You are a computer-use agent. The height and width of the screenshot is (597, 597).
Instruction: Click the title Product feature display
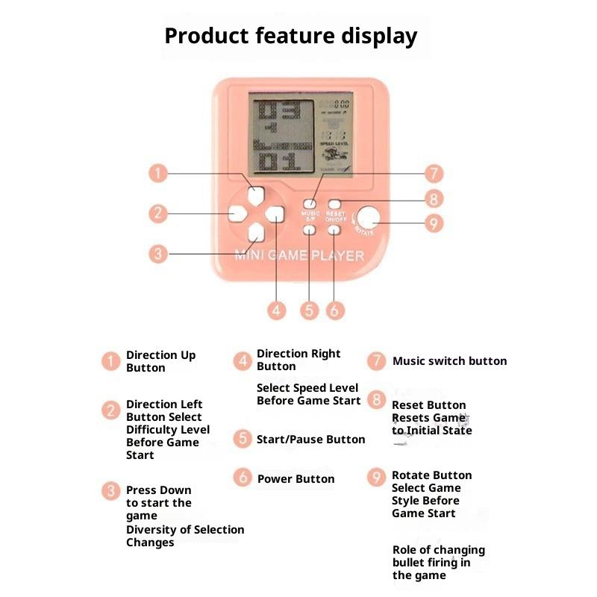tap(291, 36)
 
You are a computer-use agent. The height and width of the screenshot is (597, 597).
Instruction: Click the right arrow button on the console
tap(275, 214)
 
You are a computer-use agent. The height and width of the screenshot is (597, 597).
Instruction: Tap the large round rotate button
tap(368, 218)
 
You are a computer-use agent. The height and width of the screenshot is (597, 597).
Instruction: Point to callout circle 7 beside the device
tap(434, 174)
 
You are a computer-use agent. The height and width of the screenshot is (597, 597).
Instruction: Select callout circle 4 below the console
tap(277, 310)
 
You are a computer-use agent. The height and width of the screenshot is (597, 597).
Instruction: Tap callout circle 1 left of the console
tap(157, 174)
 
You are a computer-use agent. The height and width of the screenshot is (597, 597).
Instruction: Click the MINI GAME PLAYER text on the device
tap(300, 256)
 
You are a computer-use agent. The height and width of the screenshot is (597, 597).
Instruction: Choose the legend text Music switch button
tap(449, 361)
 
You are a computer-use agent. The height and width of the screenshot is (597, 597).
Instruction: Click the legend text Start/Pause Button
tap(310, 440)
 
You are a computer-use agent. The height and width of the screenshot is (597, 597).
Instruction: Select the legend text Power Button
tap(296, 479)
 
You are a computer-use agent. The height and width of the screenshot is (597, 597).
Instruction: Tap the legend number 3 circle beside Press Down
tap(111, 491)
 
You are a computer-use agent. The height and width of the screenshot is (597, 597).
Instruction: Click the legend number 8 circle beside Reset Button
tap(377, 400)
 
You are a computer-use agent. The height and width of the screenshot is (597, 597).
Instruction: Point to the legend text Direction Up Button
tap(160, 361)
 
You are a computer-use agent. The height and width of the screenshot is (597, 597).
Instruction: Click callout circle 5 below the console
tap(310, 310)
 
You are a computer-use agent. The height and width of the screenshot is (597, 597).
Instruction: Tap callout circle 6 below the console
tap(335, 310)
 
